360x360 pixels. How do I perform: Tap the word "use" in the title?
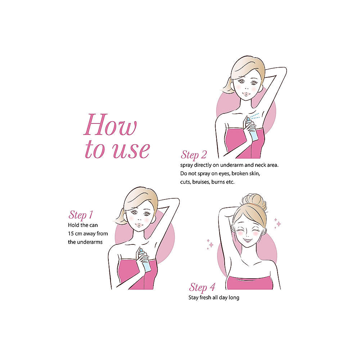pos(131,150)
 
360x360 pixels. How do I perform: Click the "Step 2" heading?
pos(194,155)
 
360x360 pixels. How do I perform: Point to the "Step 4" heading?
pos(202,287)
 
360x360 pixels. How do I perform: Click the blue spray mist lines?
pos(255,116)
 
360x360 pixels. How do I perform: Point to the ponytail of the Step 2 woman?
pos(227,86)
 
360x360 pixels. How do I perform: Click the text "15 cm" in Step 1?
pos(75,234)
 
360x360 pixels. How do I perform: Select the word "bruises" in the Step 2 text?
pos(201,182)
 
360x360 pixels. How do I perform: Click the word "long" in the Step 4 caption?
pos(234,298)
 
